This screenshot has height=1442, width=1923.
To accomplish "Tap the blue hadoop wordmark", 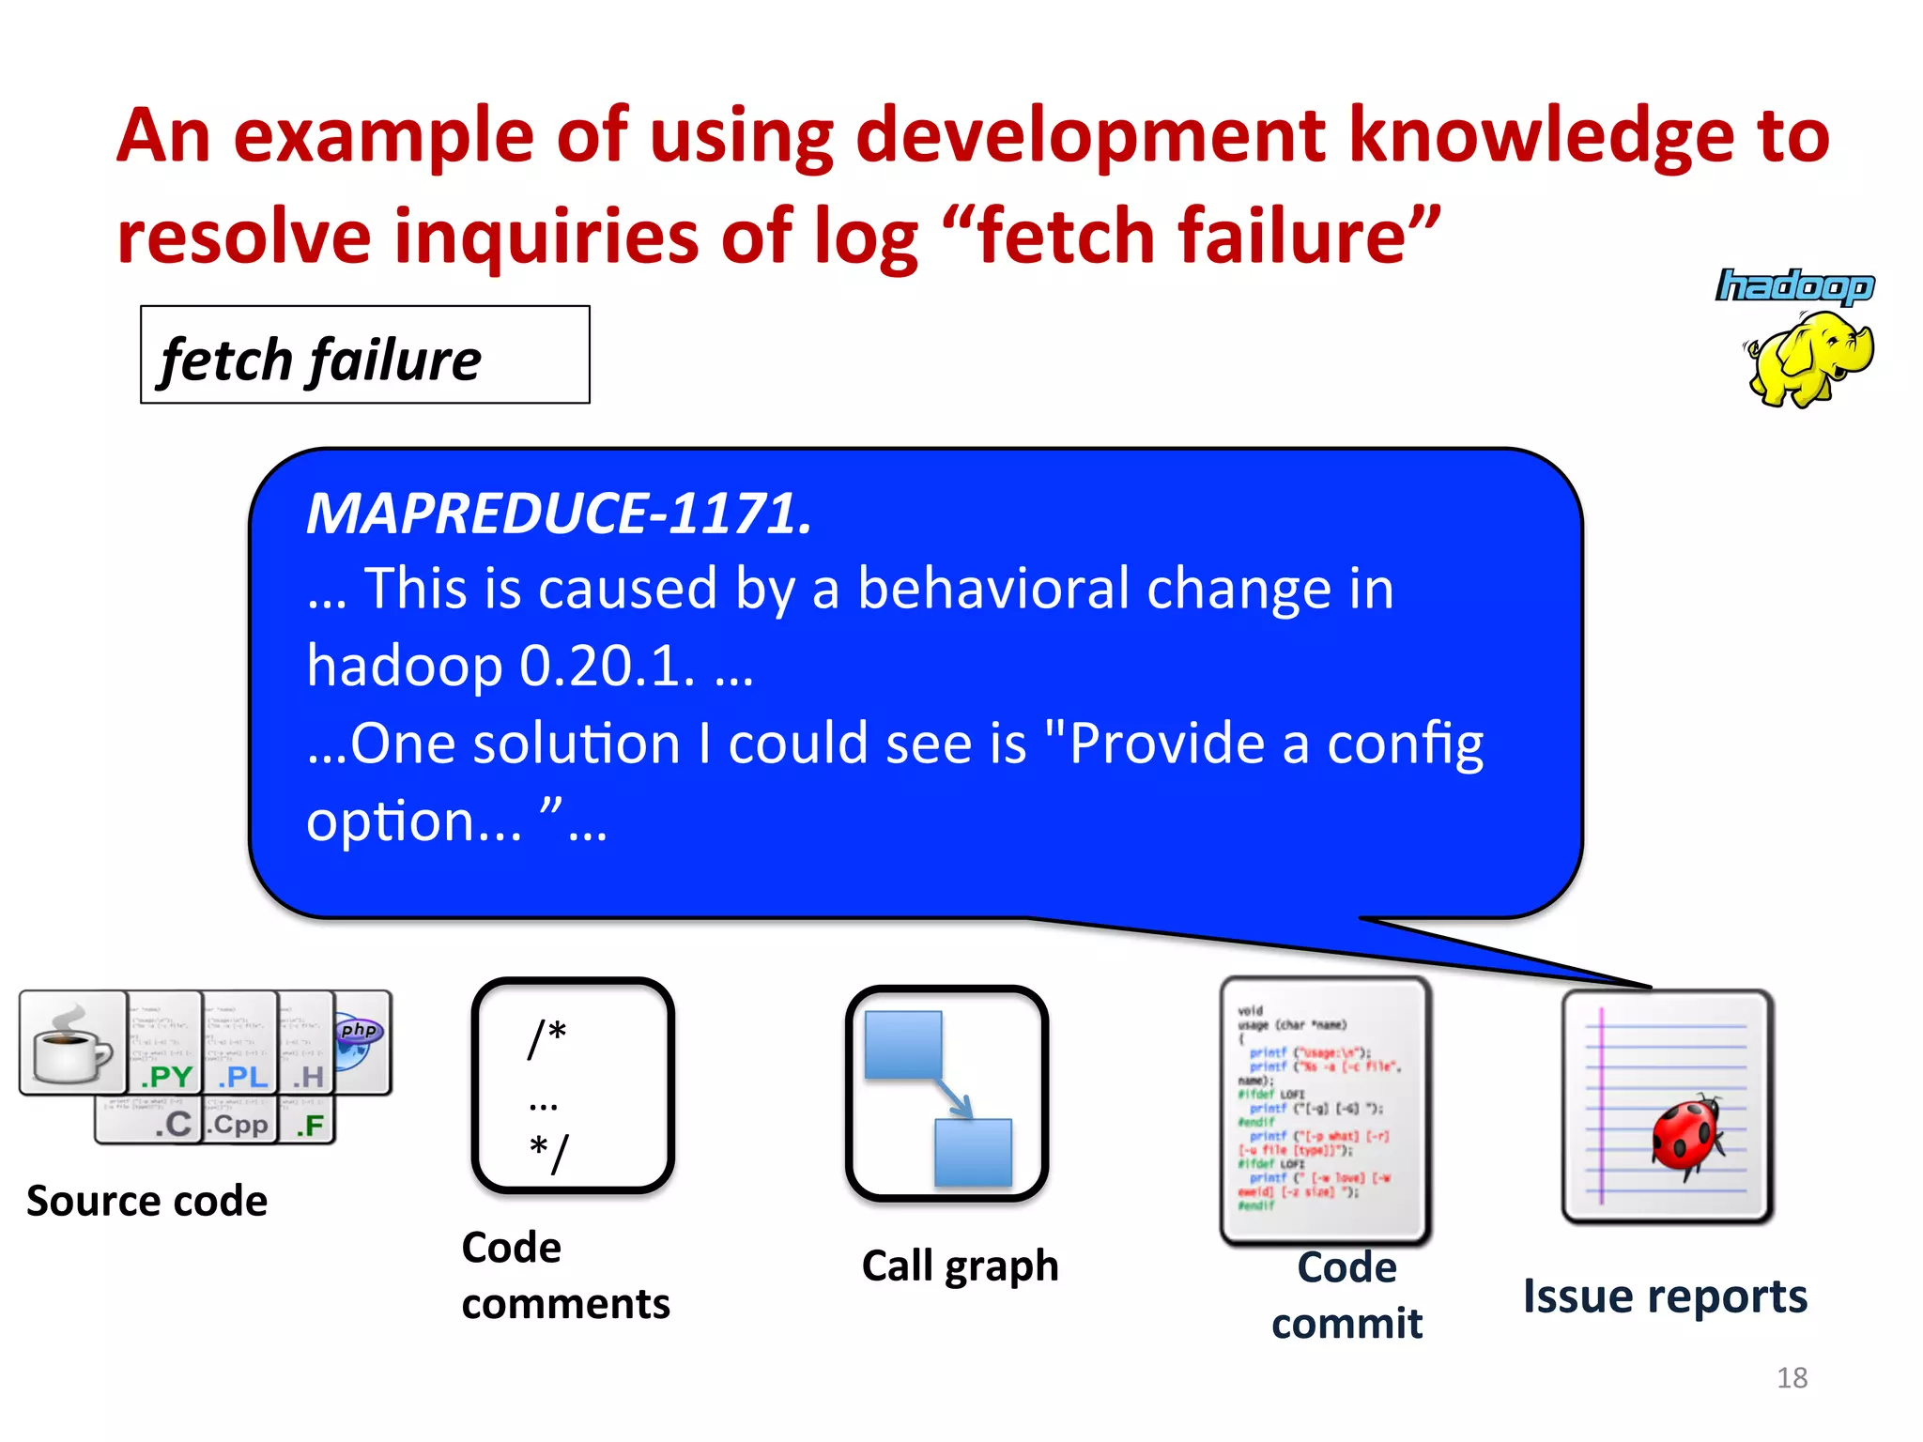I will pos(1794,285).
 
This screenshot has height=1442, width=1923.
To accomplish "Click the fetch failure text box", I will pos(364,355).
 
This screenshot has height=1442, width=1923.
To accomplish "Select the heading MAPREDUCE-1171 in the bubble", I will pos(560,514).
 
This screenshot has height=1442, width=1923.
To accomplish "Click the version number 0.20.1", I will pos(608,667).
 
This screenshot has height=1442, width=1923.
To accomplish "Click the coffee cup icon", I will pos(73,1044).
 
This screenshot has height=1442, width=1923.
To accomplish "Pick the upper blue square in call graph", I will pos(902,1045).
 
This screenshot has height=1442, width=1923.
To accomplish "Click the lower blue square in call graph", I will pos(974,1151).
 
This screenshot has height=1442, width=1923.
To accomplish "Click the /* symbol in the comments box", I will pos(547,1036).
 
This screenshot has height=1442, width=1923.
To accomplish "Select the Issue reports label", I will pos(1665,1296).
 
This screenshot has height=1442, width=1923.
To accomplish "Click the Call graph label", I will pos(960,1266).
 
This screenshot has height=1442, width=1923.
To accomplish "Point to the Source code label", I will pos(147,1201).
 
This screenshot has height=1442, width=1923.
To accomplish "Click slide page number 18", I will pos(1792,1377).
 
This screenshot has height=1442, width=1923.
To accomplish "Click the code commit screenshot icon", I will pos(1325,1110).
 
